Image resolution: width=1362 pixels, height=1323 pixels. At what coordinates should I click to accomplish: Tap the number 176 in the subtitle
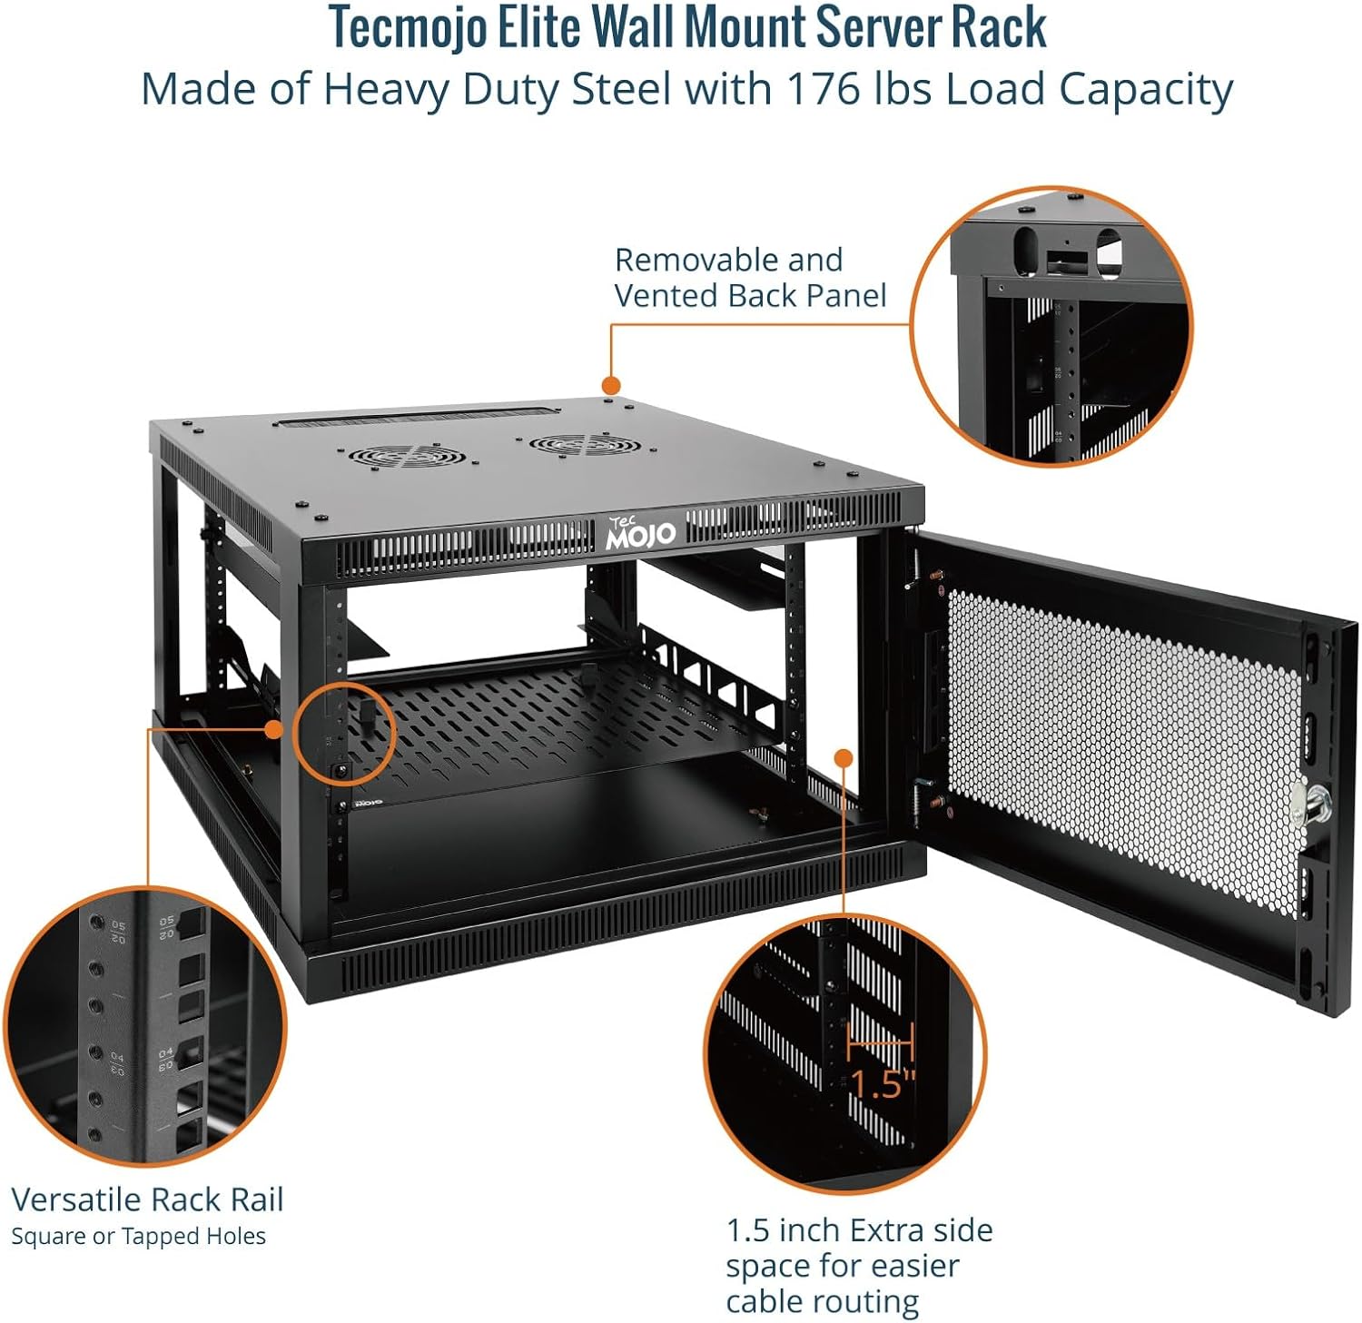(x=823, y=89)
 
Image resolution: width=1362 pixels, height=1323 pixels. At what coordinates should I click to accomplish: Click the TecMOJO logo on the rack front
(x=641, y=533)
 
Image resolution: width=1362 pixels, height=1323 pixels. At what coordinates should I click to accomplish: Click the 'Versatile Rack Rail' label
(x=147, y=1200)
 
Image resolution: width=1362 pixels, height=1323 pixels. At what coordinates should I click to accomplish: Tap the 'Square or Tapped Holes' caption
(x=138, y=1236)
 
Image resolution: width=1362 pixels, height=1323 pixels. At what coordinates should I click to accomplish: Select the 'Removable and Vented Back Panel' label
(x=749, y=278)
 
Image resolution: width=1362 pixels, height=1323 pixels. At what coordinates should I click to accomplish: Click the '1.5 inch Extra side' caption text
(x=858, y=1230)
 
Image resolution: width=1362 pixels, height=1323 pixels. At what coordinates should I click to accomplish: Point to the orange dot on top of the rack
(x=611, y=385)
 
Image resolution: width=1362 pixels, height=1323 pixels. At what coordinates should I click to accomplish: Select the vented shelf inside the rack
(x=563, y=717)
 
